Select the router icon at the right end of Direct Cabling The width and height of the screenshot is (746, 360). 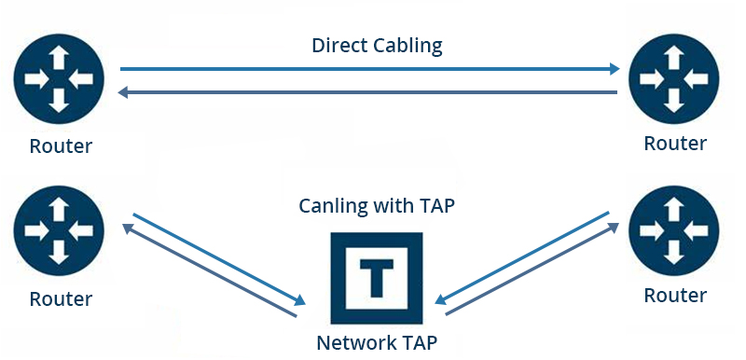674,78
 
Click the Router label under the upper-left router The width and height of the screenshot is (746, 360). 61,146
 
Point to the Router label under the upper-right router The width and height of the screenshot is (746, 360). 675,144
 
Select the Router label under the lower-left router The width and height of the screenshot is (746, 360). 61,299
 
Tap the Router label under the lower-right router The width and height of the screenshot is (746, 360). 675,296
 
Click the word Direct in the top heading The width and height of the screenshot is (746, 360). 336,45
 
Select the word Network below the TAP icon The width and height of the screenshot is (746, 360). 356,342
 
